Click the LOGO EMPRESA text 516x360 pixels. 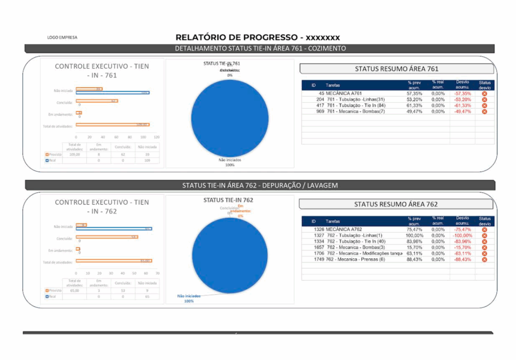[62, 37]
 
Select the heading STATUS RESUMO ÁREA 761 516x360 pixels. [397, 69]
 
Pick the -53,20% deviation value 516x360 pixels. [462, 99]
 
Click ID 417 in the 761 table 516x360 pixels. [320, 105]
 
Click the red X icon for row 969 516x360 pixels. [485, 111]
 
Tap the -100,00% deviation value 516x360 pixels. [462, 235]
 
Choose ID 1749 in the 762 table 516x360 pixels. [318, 260]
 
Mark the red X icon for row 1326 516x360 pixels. [485, 229]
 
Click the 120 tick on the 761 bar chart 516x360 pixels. [156, 137]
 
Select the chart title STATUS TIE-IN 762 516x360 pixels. [228, 200]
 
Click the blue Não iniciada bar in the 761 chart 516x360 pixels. [112, 93]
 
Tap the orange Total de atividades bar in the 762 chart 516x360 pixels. [113, 261]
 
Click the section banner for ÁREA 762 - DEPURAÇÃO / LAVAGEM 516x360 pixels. [260, 185]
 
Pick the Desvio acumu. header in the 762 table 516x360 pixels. [462, 221]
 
